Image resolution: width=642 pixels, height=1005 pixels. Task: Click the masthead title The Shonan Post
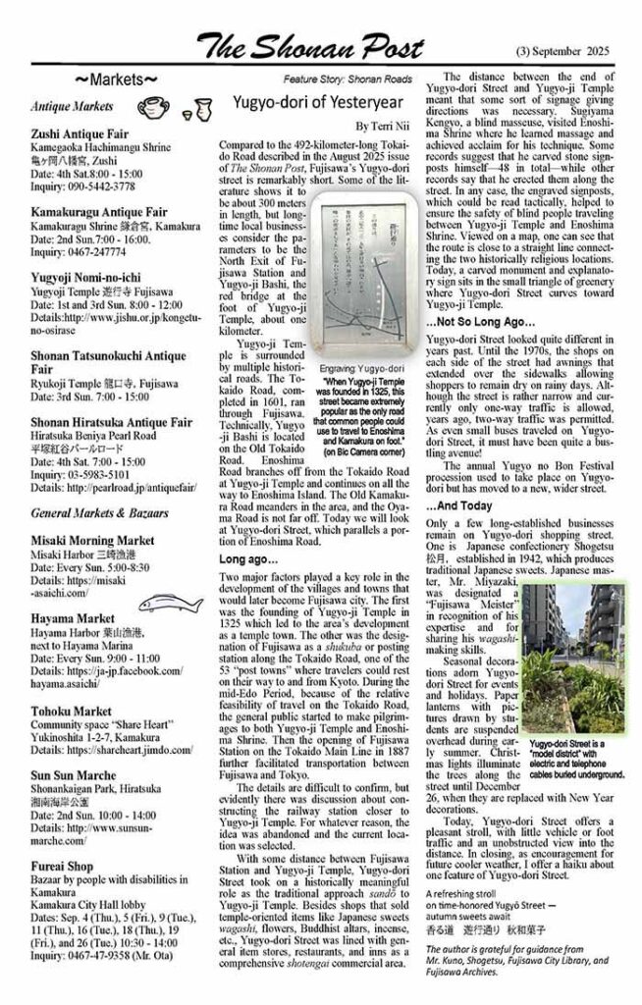coord(310,44)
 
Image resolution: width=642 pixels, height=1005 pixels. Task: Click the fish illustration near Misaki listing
coord(184,602)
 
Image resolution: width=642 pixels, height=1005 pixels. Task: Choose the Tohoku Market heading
coord(71,711)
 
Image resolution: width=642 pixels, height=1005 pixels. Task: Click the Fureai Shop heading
coord(62,868)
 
